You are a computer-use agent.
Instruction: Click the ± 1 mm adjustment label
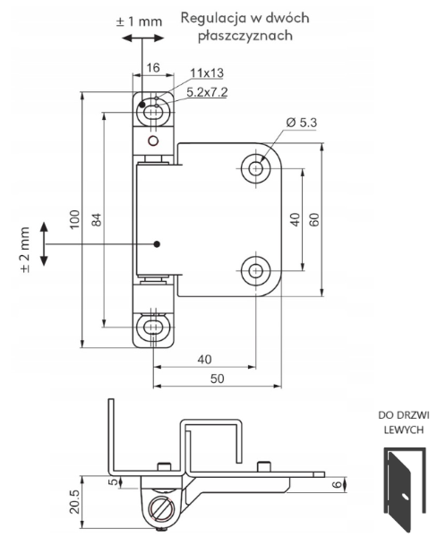click(139, 21)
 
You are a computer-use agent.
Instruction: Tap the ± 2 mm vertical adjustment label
click(25, 250)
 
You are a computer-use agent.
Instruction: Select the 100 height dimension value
click(75, 219)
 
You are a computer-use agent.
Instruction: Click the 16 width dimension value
click(153, 67)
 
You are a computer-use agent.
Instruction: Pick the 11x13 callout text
click(207, 73)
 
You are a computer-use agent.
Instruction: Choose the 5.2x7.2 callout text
click(208, 92)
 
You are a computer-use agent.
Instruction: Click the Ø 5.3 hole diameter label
click(301, 123)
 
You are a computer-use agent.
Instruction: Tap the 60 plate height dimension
click(313, 219)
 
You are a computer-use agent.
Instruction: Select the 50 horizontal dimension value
click(217, 379)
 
